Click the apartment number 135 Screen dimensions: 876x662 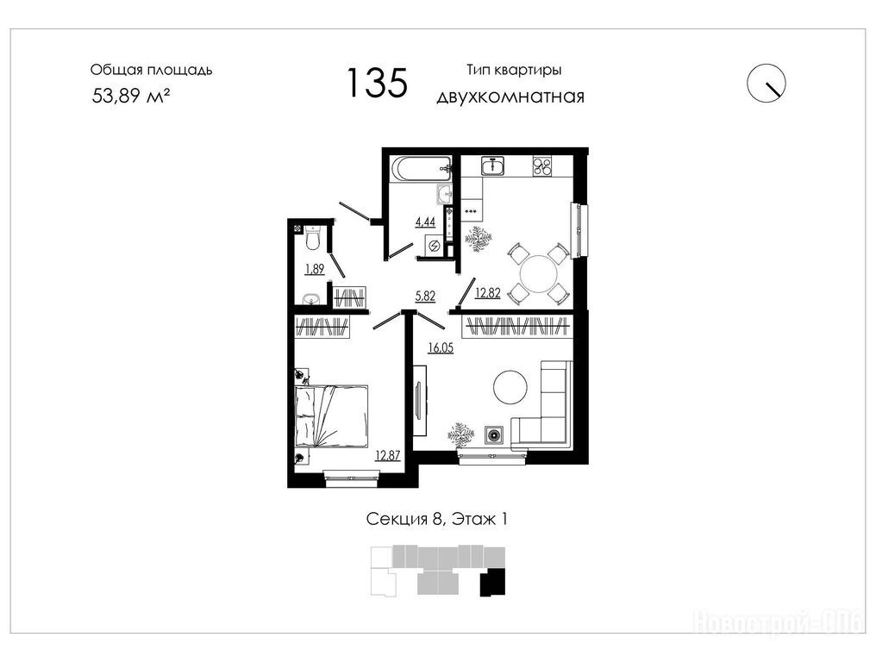click(x=377, y=82)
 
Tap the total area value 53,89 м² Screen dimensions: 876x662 click(x=131, y=96)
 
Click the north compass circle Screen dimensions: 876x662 click(x=766, y=84)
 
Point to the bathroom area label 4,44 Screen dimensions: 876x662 click(x=425, y=222)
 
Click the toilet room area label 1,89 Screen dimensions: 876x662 click(x=315, y=269)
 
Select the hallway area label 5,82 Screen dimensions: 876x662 click(x=425, y=296)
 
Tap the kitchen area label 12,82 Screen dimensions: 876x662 click(x=488, y=293)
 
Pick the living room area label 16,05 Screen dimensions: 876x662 click(x=441, y=348)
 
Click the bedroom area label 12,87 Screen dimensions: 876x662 click(x=388, y=455)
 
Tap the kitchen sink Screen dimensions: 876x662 click(x=493, y=165)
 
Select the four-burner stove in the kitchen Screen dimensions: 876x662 click(x=543, y=165)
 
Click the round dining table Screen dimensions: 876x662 click(x=539, y=274)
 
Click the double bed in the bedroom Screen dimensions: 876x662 click(x=331, y=415)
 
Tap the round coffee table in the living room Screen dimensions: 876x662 click(x=510, y=386)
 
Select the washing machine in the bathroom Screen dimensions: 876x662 click(x=434, y=245)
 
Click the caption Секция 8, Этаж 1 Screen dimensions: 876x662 click(x=437, y=520)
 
